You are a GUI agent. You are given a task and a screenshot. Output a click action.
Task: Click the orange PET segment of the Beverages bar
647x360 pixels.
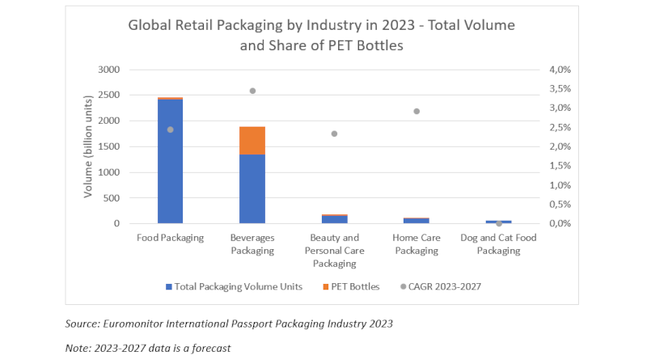[252, 140]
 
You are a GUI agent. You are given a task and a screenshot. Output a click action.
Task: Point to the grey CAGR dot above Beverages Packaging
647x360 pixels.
[252, 91]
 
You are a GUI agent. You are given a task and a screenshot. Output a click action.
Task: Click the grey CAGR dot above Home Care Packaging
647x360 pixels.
[417, 111]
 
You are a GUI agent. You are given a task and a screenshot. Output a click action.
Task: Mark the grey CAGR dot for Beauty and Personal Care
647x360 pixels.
[334, 133]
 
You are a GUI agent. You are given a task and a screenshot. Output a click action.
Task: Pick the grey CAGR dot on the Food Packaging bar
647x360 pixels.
[170, 129]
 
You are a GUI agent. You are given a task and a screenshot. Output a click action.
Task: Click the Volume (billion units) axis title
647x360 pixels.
[89, 146]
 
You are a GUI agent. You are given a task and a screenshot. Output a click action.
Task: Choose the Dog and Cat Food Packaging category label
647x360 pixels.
[498, 244]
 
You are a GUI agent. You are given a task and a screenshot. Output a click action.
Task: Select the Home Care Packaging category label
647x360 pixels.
[417, 244]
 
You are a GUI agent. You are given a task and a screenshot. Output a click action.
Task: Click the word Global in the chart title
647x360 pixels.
[150, 25]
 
